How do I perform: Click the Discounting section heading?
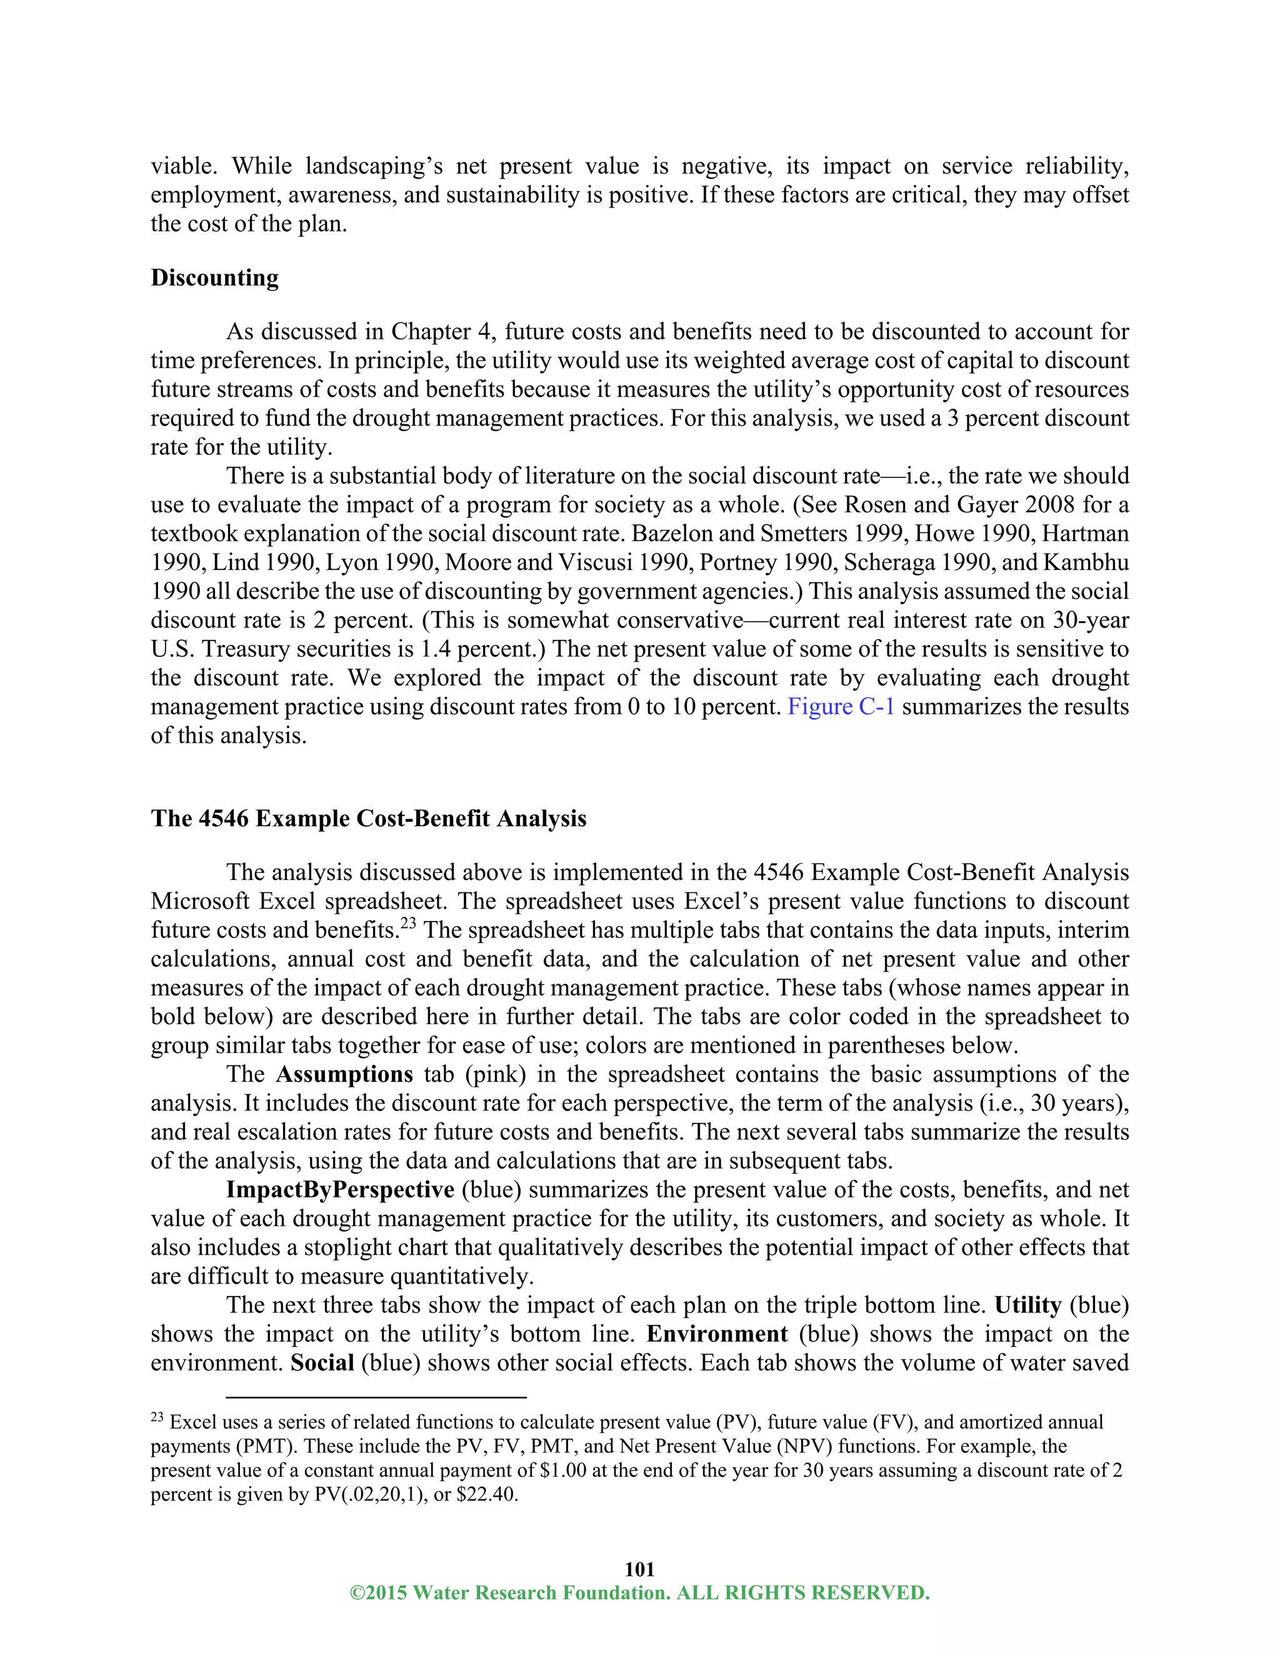(214, 277)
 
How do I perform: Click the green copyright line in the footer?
(639, 1593)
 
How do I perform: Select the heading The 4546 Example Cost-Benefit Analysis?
(369, 819)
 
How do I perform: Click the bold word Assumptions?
(344, 1074)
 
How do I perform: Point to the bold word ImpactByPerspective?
(340, 1190)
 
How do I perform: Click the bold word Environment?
(717, 1334)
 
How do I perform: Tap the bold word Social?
(322, 1362)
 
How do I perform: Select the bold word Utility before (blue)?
(1027, 1305)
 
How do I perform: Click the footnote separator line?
(376, 1397)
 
